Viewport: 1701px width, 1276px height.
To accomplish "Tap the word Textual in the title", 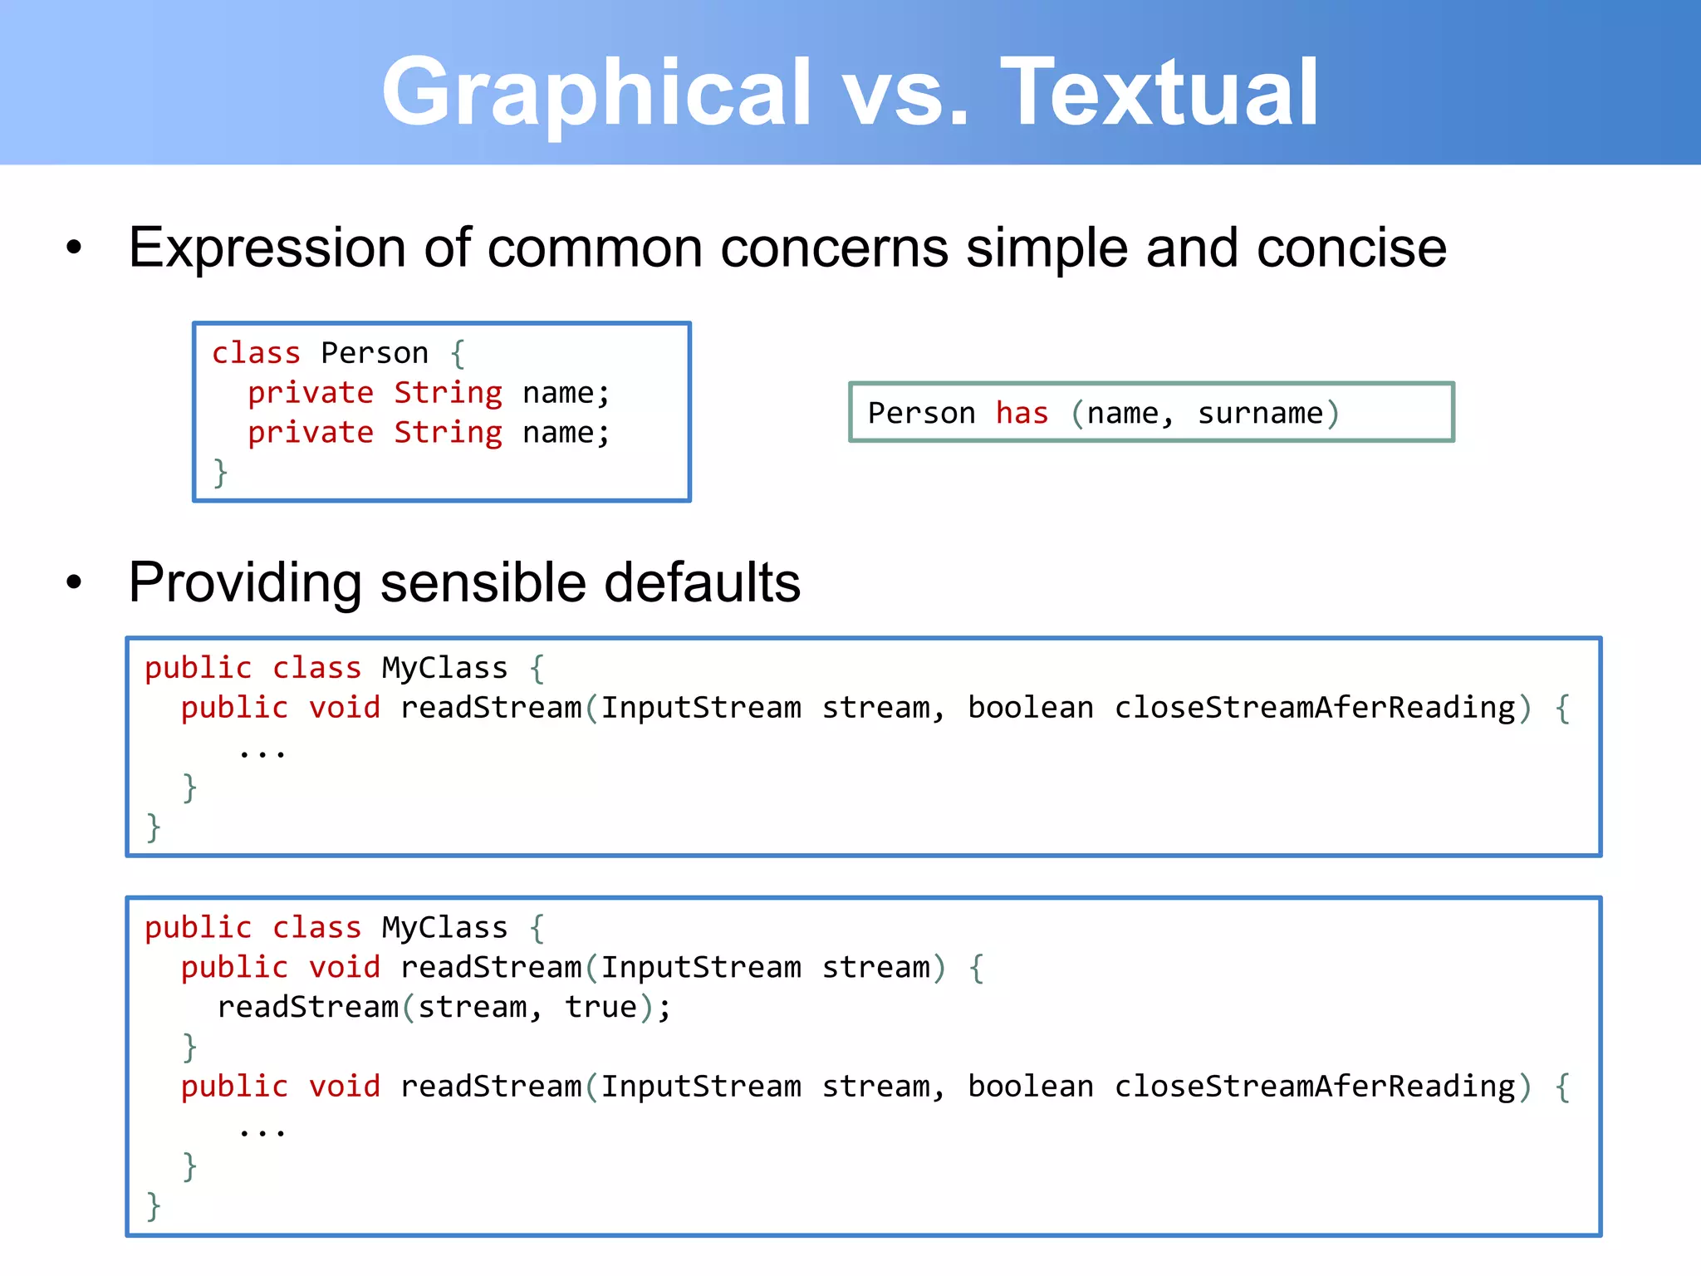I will click(1160, 91).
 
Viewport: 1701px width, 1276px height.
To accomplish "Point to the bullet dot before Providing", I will click(75, 582).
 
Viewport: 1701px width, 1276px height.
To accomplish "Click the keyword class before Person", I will click(256, 353).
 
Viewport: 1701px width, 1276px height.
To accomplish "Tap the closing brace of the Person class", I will click(220, 472).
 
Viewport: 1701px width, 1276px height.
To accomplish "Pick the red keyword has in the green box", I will click(1022, 413).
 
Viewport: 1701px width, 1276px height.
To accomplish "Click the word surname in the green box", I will click(1260, 413).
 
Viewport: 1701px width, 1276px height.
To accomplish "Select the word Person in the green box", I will click(921, 413).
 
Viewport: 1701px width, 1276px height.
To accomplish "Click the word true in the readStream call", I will click(600, 1007).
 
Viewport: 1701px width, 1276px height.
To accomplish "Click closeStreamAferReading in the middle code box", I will click(1315, 708).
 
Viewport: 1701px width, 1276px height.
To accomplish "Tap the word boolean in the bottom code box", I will click(1031, 1087).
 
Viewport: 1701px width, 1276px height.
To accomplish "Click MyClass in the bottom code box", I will click(444, 927).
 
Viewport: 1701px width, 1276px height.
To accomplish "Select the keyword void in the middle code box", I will click(344, 708).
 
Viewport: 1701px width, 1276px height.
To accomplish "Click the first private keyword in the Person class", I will click(311, 393).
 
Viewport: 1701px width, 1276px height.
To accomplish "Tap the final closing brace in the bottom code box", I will click(154, 1205).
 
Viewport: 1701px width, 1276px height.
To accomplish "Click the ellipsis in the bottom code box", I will click(262, 1131).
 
